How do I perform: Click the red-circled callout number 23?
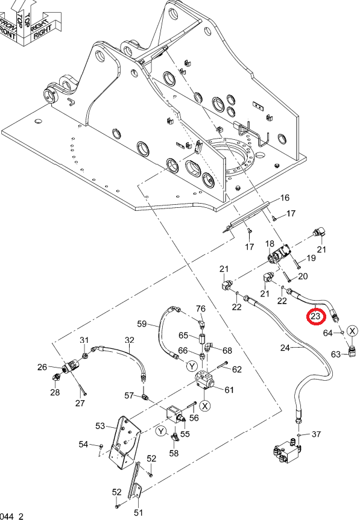tap(315, 316)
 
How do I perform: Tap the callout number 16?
tap(285, 198)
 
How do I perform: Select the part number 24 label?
tap(285, 348)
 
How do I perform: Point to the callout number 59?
tap(142, 324)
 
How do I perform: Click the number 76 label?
tap(201, 309)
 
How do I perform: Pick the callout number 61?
tap(229, 390)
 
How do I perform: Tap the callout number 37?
tap(316, 434)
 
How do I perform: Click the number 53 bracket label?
tap(100, 426)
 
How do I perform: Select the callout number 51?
tap(138, 513)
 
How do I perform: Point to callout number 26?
tap(42, 367)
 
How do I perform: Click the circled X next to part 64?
tap(352, 331)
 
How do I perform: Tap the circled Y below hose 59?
tap(192, 366)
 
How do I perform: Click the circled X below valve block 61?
tap(206, 406)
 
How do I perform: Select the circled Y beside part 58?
tap(161, 431)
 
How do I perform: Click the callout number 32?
tap(130, 340)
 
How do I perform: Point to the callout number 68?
tap(227, 351)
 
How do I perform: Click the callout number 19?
tap(311, 258)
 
